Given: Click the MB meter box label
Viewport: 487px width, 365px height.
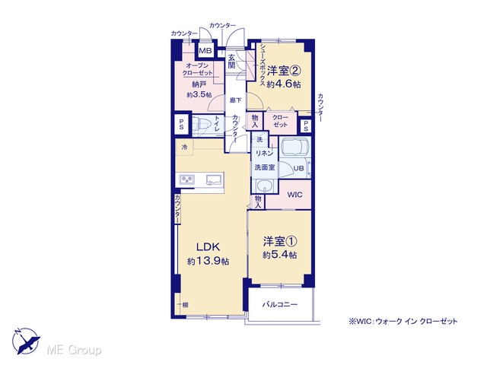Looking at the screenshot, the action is [205, 51].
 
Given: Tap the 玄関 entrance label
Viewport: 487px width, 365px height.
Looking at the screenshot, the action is [231, 62].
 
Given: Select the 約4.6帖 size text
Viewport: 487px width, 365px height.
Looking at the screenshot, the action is [284, 84].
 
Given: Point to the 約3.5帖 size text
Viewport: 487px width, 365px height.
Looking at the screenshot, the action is [199, 95].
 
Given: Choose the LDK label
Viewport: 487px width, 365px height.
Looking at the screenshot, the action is [208, 247].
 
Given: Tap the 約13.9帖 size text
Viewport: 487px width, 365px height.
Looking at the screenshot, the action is [208, 262].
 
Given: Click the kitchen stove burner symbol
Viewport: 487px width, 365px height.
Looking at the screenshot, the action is [187, 179].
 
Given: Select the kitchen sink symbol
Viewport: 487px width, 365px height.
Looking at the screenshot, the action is [215, 179].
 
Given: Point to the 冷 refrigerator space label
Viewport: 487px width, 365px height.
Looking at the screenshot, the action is [185, 147].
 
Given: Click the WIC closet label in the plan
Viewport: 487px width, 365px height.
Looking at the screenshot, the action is [294, 195].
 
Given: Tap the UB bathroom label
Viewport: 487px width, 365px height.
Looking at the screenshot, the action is [298, 169].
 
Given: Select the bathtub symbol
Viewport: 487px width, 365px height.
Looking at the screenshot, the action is [294, 146].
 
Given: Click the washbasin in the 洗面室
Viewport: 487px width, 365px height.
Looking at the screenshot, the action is [265, 186].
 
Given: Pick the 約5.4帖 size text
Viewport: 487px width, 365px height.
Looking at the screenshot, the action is [279, 255].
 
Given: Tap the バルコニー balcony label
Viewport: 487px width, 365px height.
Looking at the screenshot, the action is [280, 304].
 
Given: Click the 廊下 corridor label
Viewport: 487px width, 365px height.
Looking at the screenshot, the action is [235, 100].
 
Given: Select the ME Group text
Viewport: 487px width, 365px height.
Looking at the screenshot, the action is [74, 350].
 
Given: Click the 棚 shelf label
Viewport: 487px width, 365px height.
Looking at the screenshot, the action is [185, 305].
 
